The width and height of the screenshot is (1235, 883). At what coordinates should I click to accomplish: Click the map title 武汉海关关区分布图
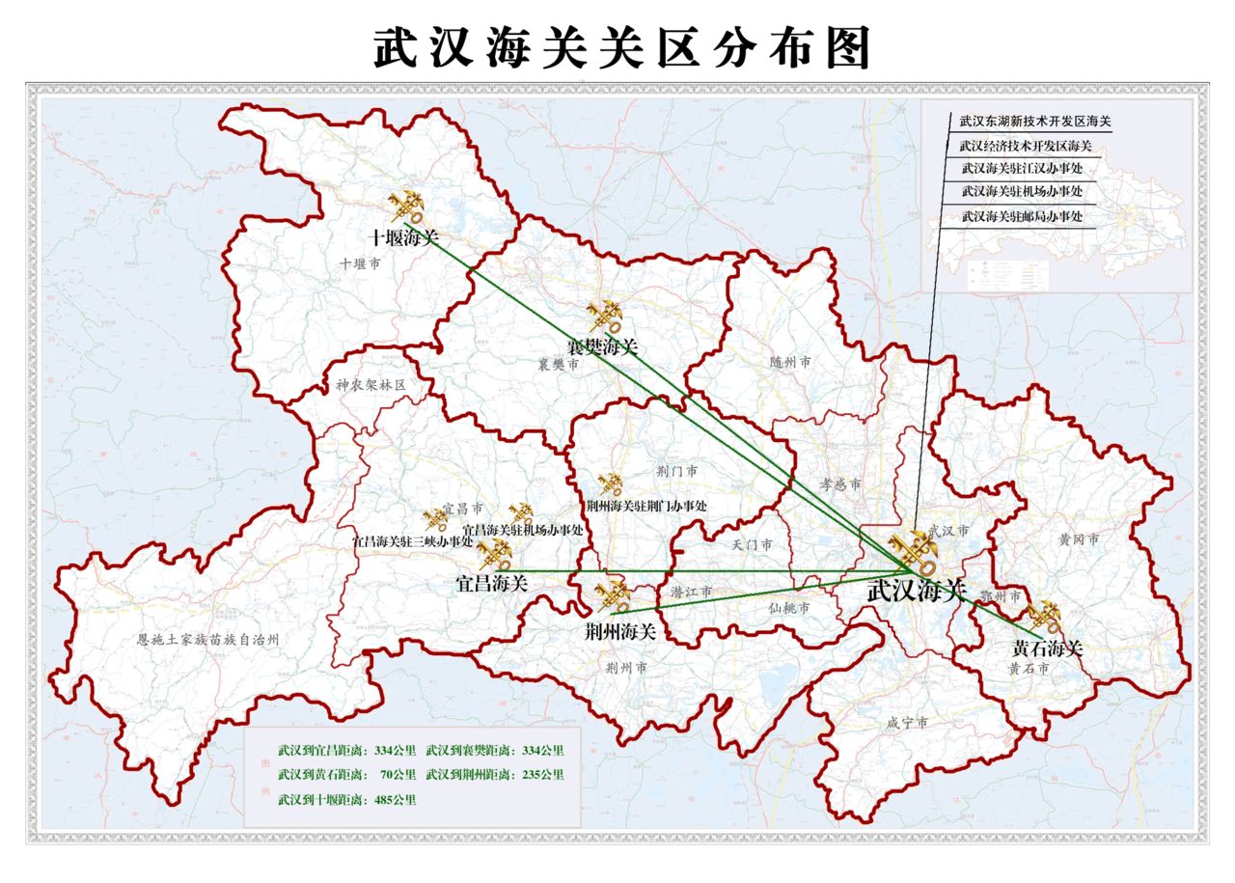click(x=622, y=46)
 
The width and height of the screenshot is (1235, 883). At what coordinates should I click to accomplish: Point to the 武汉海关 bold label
click(x=916, y=591)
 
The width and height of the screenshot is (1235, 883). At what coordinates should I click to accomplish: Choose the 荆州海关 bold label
click(x=620, y=632)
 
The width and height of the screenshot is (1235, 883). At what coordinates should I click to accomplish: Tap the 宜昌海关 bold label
click(x=492, y=583)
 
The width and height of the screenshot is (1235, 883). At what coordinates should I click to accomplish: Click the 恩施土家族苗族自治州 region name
click(x=207, y=640)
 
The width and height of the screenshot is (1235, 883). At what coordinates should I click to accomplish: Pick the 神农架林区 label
click(x=371, y=385)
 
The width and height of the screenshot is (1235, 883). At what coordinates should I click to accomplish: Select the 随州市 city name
click(x=790, y=363)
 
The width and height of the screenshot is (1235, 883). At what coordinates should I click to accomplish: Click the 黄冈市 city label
click(x=1078, y=539)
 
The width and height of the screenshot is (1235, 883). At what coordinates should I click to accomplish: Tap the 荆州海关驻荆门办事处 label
click(x=646, y=506)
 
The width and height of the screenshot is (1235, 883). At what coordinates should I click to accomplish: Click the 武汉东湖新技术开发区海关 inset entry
click(x=1035, y=123)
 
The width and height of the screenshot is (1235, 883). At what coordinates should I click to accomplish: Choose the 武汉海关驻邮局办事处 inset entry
click(x=1022, y=217)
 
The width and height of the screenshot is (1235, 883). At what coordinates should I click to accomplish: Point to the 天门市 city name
click(x=752, y=545)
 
